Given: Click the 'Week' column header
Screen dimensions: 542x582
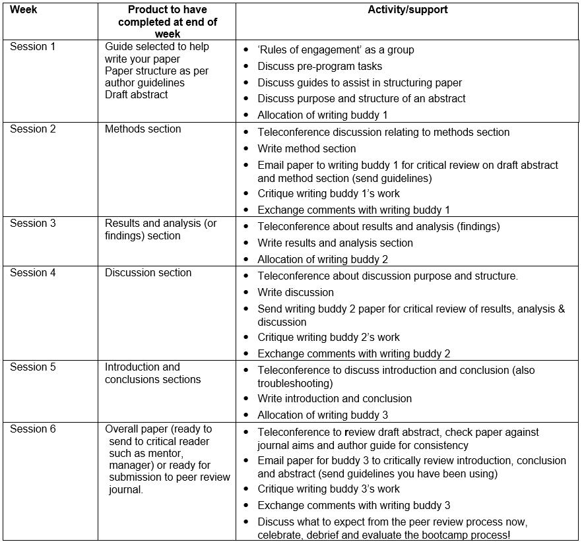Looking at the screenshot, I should [x=23, y=10].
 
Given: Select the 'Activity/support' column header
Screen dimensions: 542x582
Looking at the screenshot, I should [x=407, y=10].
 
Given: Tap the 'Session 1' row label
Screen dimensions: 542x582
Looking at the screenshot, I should [x=28, y=47].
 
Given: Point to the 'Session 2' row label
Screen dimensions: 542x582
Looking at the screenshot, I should [x=28, y=129].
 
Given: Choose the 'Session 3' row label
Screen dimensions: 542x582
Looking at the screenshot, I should [x=28, y=224].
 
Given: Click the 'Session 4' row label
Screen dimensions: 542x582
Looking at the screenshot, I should [x=28, y=273].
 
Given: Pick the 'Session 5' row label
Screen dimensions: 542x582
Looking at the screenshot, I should [x=28, y=367].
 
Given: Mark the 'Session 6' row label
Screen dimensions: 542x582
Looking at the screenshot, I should [x=28, y=429].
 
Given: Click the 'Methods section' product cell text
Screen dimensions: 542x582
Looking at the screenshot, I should [x=143, y=129].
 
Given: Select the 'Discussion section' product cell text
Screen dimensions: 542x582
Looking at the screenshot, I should [x=148, y=273].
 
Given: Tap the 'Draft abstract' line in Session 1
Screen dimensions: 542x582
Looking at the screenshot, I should [x=136, y=95].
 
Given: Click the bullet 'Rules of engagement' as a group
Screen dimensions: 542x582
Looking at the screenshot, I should [x=336, y=50].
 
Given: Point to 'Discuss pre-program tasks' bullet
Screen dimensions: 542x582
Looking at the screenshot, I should [x=319, y=67].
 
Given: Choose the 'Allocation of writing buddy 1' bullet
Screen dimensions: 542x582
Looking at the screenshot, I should [x=323, y=115].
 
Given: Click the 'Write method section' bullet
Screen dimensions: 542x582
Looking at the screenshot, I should [x=307, y=149].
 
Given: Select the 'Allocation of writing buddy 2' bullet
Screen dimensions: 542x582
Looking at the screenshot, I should [x=323, y=260].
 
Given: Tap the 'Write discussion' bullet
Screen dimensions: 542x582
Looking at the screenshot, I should [x=296, y=293].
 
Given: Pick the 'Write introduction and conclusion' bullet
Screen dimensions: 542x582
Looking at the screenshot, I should [x=335, y=399].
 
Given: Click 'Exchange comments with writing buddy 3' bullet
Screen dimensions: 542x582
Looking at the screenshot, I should [x=354, y=506].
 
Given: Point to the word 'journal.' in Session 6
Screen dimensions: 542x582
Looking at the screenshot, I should [x=125, y=490].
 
